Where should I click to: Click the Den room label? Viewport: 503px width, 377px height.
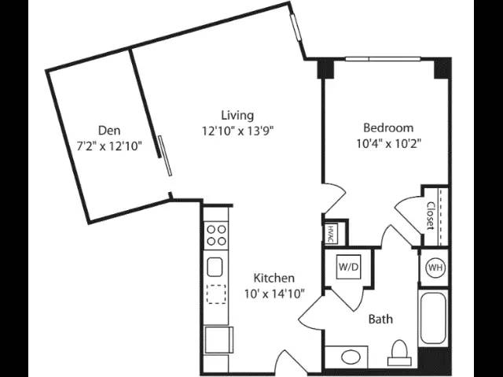109,131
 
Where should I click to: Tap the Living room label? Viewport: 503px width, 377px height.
237,115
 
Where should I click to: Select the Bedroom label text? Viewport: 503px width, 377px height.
388,128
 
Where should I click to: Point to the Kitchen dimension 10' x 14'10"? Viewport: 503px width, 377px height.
274,294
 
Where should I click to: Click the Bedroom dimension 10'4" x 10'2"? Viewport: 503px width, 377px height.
388,143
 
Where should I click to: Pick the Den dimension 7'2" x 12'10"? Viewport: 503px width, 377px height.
109,146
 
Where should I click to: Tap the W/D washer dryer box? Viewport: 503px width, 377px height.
349,267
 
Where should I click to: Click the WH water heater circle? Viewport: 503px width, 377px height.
435,268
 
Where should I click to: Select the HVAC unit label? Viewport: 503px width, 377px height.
331,234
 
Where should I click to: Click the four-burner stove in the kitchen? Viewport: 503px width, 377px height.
216,235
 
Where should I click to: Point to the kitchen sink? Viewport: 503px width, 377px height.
215,267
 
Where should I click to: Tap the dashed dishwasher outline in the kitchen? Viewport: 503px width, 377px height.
216,294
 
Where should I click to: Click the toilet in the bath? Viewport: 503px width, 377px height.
399,353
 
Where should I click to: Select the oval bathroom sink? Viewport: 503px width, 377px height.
351,357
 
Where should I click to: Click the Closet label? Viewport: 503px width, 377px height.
431,216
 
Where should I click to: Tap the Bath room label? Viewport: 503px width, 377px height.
380,320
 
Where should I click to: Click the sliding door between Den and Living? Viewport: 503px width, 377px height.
165,156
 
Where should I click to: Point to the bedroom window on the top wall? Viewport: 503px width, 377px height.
383,59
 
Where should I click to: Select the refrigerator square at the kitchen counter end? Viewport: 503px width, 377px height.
218,340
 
